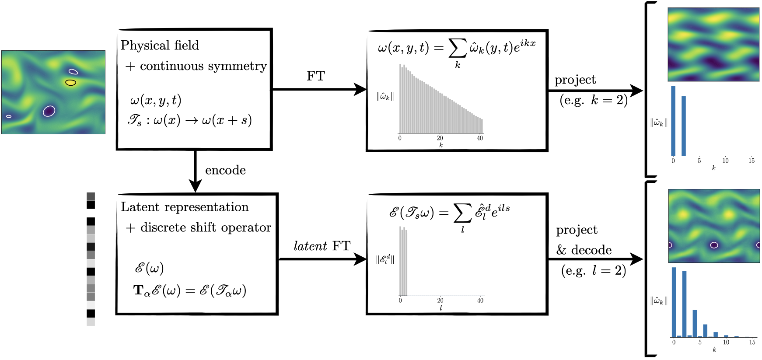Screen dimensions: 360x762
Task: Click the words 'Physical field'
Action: pyautogui.click(x=160, y=45)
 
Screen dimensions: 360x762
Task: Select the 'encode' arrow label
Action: pyautogui.click(x=225, y=170)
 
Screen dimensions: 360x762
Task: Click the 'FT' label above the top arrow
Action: pyautogui.click(x=316, y=76)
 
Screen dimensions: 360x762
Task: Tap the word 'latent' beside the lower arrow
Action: pyautogui.click(x=310, y=246)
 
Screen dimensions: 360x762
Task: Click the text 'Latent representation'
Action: pyautogui.click(x=185, y=207)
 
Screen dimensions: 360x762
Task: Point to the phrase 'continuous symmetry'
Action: pyautogui.click(x=203, y=66)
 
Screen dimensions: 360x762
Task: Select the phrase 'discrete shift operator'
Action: pyautogui.click(x=206, y=227)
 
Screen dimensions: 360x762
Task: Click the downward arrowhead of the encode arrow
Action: pyautogui.click(x=195, y=185)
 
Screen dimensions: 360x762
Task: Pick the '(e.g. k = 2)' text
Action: pyautogui.click(x=594, y=100)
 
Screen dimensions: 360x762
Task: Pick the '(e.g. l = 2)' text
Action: pyautogui.click(x=594, y=271)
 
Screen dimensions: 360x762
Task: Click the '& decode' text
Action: pyautogui.click(x=584, y=250)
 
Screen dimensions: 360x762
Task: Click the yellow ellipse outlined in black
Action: pyautogui.click(x=71, y=82)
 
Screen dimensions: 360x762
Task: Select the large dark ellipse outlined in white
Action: pyautogui.click(x=49, y=111)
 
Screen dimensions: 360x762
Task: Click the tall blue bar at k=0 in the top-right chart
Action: pyautogui.click(x=673, y=121)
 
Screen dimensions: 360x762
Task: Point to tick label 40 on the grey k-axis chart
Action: pyautogui.click(x=480, y=138)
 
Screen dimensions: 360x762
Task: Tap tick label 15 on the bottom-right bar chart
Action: pyautogui.click(x=752, y=342)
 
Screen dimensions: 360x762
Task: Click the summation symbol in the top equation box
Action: pyautogui.click(x=457, y=48)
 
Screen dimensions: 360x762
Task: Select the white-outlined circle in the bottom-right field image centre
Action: pyautogui.click(x=714, y=245)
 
